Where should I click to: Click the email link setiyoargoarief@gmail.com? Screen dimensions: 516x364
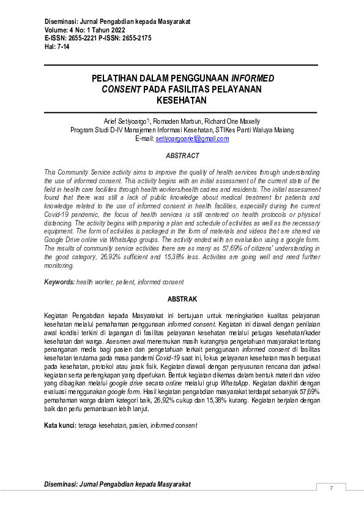tap(192, 139)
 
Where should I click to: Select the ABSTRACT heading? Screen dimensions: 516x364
tap(182, 156)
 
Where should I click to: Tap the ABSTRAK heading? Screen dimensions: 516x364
tap(182, 299)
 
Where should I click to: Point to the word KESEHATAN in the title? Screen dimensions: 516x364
tap(182, 101)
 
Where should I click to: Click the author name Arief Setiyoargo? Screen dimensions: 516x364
tap(126, 121)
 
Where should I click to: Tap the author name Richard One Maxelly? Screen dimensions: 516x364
tap(232, 121)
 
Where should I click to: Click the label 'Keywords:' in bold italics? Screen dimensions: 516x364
tap(59, 282)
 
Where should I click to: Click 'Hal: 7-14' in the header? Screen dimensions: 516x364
tap(58, 46)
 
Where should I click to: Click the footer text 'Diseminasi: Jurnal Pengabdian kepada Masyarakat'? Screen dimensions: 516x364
tap(117, 484)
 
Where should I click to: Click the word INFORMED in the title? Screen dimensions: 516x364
tap(252, 78)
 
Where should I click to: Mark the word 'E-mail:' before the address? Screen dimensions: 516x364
tap(144, 139)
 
